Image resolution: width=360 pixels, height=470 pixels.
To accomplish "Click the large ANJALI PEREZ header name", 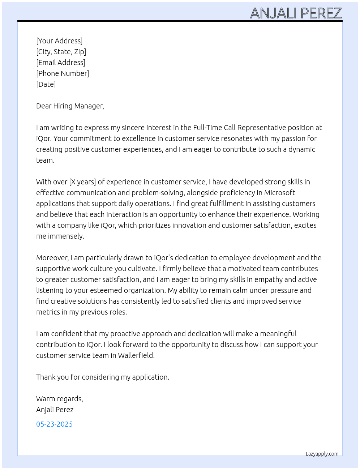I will click(296, 13).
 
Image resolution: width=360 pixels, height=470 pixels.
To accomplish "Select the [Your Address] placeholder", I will click(59, 41).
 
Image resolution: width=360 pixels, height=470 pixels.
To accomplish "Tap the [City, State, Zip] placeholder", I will click(61, 52).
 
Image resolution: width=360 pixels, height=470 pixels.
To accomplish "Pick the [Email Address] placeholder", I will click(61, 63).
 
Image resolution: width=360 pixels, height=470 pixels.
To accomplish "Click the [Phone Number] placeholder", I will click(63, 73).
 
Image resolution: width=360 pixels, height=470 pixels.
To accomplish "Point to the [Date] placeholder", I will click(46, 84).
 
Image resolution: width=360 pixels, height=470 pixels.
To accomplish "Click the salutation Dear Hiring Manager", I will click(70, 106).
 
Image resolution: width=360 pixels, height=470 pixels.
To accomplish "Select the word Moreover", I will click(52, 258).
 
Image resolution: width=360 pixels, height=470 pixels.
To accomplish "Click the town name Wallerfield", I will click(136, 355).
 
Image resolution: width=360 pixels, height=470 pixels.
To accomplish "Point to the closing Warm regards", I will click(59, 399).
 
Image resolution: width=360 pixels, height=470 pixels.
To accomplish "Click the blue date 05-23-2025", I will click(54, 424).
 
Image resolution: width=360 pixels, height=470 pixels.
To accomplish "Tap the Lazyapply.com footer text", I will click(322, 454).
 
